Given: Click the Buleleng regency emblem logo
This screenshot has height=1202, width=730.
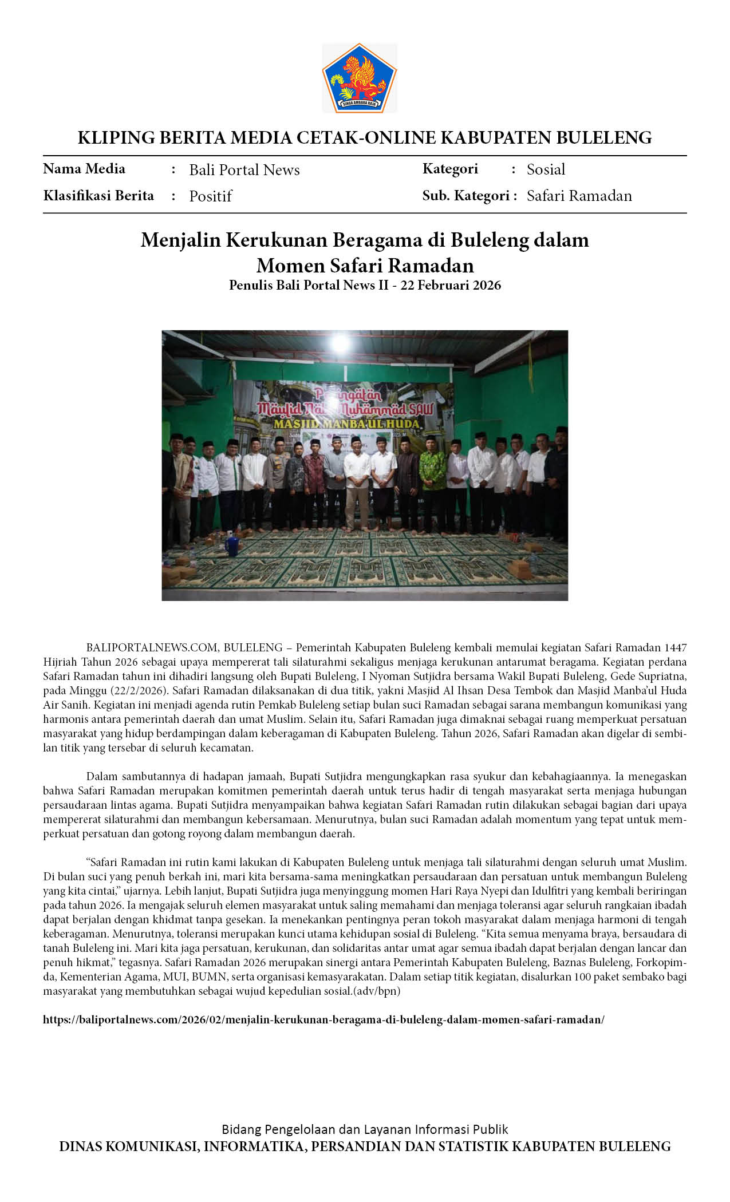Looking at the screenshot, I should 360,78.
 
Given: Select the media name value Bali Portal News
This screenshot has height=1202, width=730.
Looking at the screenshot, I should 244,170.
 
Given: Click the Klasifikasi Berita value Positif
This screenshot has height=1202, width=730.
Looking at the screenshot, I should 211,196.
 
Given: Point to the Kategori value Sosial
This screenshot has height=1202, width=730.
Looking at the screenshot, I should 546,169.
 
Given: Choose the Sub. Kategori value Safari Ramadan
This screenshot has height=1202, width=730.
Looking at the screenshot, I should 579,196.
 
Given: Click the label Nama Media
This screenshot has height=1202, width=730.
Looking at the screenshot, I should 84,169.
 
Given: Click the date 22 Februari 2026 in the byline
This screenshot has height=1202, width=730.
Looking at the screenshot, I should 451,285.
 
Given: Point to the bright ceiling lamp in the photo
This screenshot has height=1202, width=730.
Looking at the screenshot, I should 340,342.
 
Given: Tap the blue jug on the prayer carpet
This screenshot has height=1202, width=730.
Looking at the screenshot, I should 232,545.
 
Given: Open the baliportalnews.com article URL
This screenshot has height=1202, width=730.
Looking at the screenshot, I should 323,1019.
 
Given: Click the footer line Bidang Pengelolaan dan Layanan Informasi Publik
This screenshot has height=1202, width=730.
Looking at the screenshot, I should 365,1129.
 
